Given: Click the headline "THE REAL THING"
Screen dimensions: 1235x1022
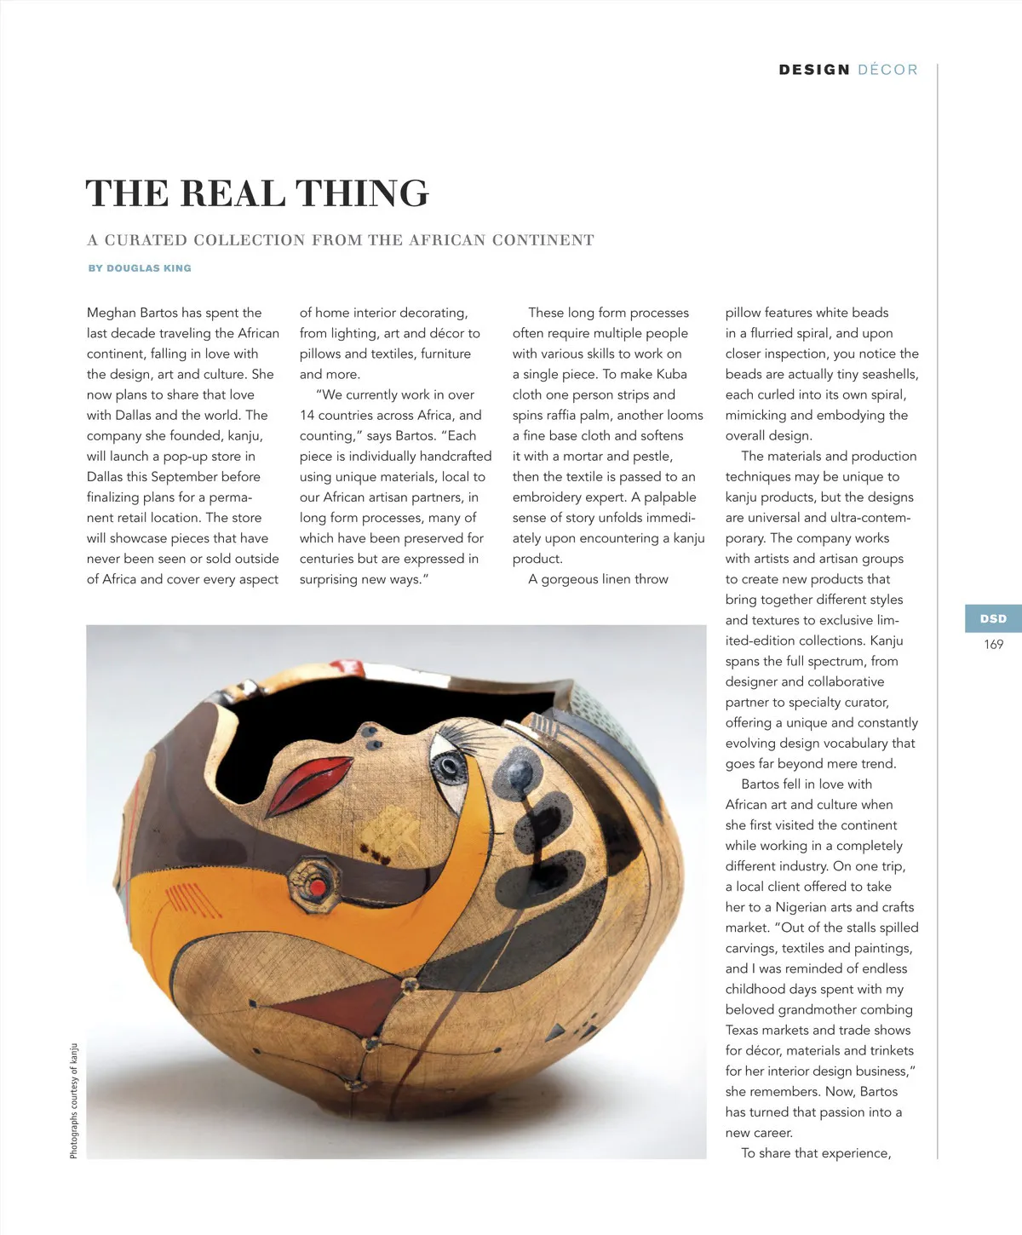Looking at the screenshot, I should (x=257, y=193).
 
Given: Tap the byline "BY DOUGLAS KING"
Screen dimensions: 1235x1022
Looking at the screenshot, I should (x=140, y=268).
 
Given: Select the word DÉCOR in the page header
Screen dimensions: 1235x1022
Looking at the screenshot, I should (x=887, y=70).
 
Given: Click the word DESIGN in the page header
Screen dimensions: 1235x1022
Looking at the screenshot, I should (x=814, y=70).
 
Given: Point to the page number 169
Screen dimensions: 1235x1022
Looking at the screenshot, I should (x=993, y=645).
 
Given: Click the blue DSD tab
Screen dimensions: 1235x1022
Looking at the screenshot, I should (x=993, y=619).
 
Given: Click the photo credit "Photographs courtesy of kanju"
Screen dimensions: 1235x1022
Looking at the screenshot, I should (x=74, y=1100).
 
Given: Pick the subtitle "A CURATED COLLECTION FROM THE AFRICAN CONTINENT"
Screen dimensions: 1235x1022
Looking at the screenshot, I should (x=341, y=241).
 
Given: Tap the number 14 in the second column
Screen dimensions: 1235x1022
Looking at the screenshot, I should (x=307, y=416).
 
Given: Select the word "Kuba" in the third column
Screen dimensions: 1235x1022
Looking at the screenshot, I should (x=671, y=375).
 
